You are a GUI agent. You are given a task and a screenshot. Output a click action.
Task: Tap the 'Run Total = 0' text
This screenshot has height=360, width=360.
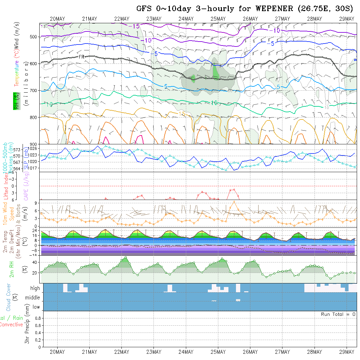338,314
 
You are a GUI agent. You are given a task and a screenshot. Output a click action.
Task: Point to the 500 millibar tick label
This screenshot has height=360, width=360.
34,37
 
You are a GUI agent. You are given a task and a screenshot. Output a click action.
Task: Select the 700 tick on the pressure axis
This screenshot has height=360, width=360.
34,90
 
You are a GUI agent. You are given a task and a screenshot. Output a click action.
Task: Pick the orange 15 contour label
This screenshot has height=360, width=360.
182,114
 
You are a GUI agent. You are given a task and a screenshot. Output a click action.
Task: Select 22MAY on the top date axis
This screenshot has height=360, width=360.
121,19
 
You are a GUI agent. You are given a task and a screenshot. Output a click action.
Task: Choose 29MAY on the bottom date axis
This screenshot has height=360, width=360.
347,352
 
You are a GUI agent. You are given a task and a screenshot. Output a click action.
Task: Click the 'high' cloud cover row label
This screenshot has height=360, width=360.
35,288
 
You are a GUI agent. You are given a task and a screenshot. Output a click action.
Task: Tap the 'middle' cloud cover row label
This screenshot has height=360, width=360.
33,297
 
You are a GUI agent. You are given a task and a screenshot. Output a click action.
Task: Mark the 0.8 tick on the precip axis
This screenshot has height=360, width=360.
37,318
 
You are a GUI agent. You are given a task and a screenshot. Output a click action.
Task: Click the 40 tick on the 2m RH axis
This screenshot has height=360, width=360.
34,262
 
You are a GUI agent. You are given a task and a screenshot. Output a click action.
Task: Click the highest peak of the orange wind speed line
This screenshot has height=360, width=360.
234,201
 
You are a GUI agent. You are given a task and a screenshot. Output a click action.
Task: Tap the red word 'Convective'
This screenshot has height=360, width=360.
11,325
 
